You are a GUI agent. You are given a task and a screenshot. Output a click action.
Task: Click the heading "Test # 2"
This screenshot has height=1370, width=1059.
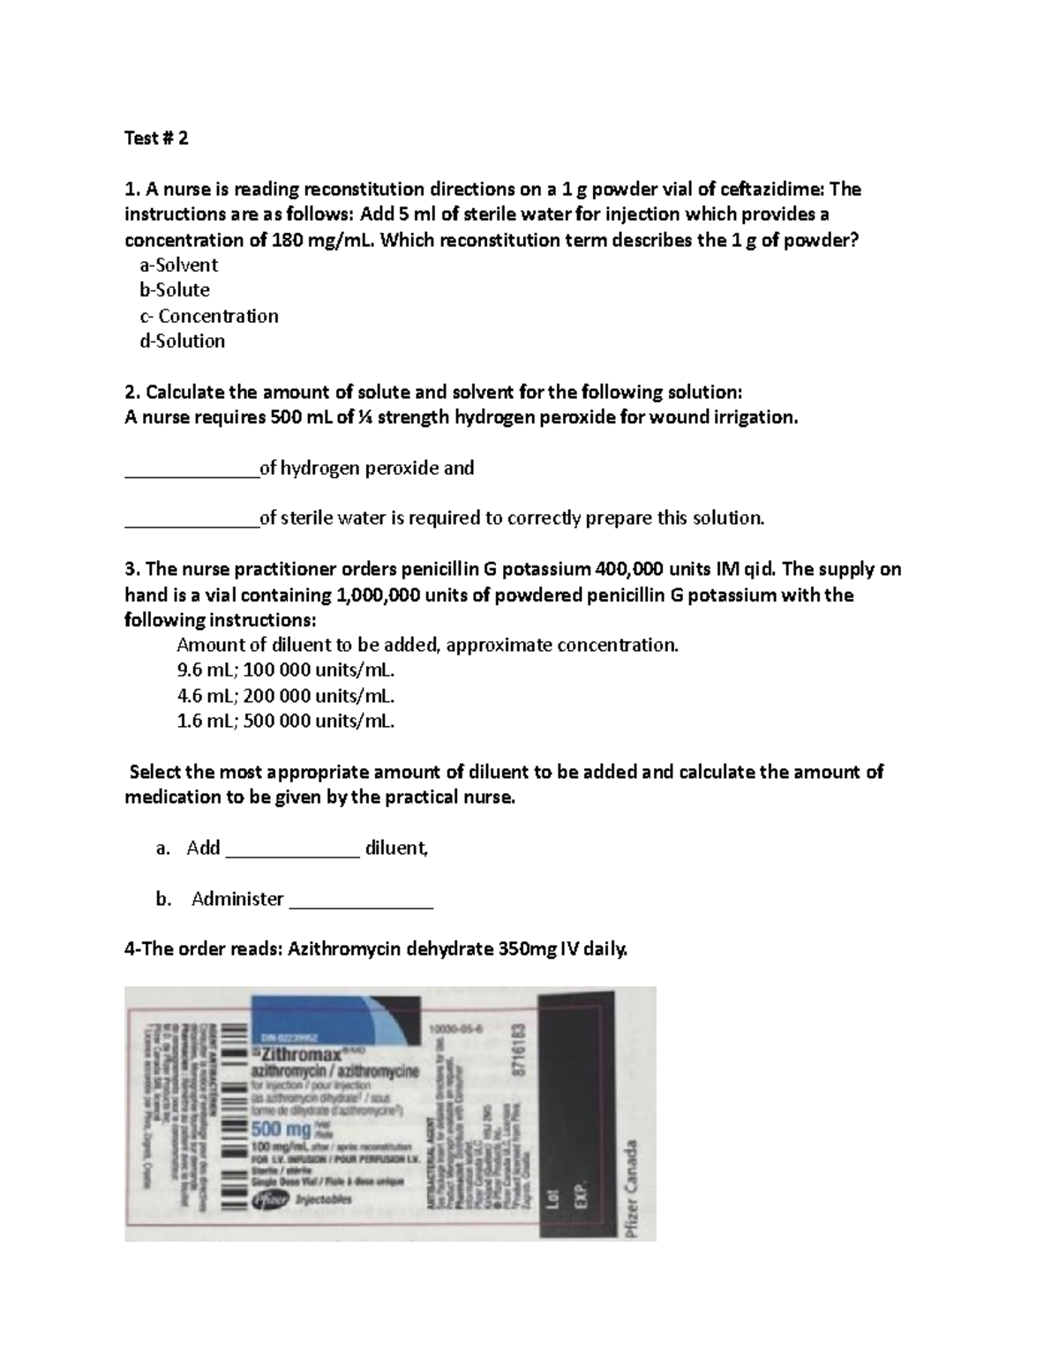click(156, 138)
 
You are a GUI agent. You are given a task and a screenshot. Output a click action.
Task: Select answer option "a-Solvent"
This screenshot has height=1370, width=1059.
click(178, 265)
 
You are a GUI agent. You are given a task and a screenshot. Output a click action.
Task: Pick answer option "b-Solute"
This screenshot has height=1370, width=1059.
click(174, 290)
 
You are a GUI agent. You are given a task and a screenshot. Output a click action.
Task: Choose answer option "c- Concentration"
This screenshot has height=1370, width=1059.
click(208, 316)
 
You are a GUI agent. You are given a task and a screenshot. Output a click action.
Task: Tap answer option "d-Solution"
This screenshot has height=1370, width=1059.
click(182, 341)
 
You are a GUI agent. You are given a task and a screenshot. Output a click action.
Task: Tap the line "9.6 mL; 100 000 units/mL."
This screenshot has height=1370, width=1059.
click(286, 670)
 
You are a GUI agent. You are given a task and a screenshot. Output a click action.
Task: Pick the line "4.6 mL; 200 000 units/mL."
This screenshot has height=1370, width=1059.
click(286, 696)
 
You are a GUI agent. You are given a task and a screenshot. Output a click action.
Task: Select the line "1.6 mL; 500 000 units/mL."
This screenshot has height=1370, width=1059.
click(286, 722)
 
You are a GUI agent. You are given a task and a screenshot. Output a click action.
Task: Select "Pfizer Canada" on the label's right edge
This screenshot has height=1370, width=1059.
click(630, 1189)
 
